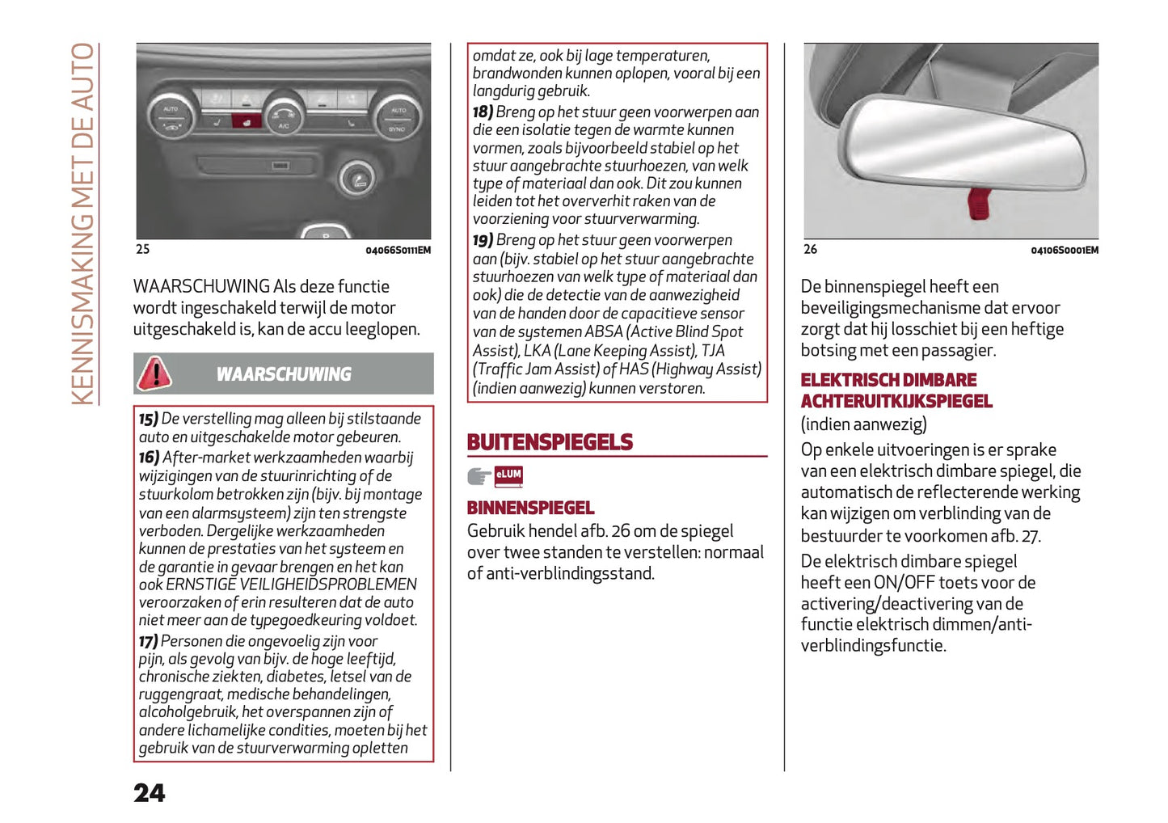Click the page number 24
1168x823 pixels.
pos(150,793)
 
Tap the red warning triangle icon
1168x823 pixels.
pos(154,374)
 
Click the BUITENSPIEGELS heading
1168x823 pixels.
pos(550,442)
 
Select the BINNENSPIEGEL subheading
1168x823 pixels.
pos(530,508)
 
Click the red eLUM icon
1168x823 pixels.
pos(509,475)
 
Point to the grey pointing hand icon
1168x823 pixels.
pos(479,476)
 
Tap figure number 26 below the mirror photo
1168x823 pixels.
pos(810,249)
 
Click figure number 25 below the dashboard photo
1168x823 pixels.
pos(143,249)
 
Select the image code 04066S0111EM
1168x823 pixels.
pos(398,251)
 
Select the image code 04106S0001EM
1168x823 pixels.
pos(1064,251)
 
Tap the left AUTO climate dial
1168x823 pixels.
pos(171,116)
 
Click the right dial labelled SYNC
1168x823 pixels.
pos(397,118)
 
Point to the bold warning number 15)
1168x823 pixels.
pos(148,419)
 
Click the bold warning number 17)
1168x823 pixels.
pos(148,641)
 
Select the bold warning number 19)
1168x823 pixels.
pos(483,240)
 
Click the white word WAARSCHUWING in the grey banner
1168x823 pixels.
pos(284,374)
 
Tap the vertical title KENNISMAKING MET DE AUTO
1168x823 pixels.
pos(83,223)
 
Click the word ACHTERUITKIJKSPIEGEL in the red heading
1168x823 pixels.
pos(896,401)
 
